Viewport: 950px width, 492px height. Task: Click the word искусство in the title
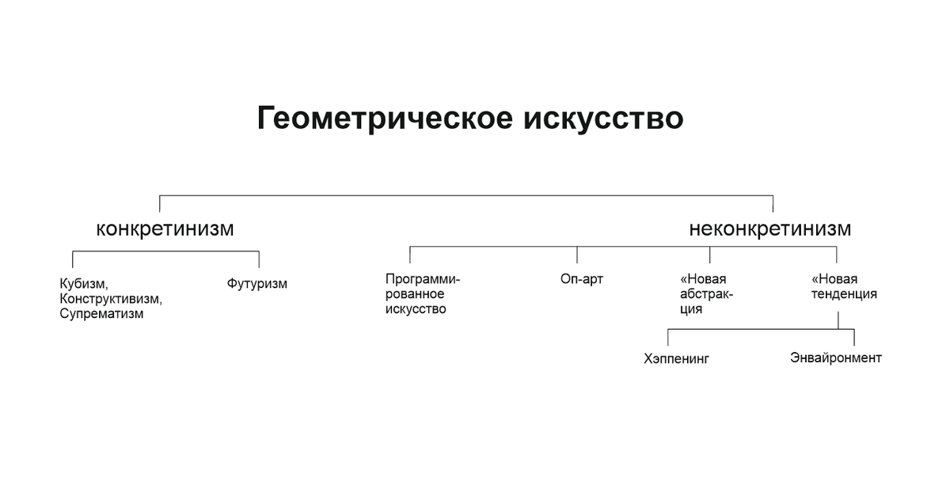click(x=602, y=119)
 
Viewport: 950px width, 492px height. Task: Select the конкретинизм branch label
click(x=165, y=229)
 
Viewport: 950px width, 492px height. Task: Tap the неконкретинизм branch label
click(x=769, y=229)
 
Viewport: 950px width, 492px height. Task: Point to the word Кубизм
click(x=83, y=283)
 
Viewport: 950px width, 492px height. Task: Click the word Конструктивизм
click(x=110, y=298)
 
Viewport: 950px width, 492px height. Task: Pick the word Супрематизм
click(x=101, y=313)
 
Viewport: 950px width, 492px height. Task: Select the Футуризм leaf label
click(x=256, y=283)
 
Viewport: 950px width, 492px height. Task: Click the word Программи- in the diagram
click(x=422, y=279)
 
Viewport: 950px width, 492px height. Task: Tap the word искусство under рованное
click(x=416, y=309)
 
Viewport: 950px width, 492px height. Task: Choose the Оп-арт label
click(x=581, y=279)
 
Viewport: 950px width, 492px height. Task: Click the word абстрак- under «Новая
click(x=706, y=294)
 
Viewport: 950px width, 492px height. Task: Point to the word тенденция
click(x=845, y=294)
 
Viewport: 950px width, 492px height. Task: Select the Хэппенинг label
click(x=677, y=358)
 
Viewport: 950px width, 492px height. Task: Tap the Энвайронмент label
click(x=835, y=358)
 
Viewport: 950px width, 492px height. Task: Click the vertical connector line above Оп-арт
click(x=577, y=255)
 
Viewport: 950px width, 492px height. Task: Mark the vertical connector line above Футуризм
click(x=259, y=259)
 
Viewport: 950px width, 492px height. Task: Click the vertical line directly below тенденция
click(x=838, y=320)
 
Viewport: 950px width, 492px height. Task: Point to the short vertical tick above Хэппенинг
click(x=667, y=338)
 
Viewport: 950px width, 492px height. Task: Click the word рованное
click(x=415, y=294)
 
